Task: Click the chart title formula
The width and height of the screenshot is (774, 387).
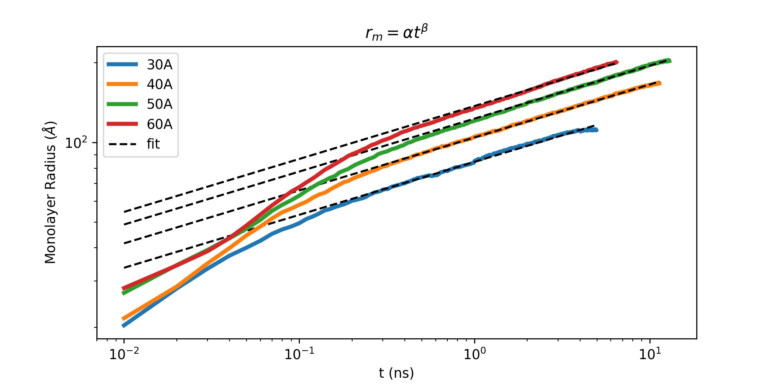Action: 397,33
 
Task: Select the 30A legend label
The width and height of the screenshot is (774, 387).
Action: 159,65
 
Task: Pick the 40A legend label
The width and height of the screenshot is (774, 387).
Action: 159,84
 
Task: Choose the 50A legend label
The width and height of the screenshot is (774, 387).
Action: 159,104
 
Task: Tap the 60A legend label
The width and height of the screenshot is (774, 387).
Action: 159,124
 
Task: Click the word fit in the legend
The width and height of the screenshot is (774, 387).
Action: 153,144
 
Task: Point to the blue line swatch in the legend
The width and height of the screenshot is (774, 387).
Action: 123,65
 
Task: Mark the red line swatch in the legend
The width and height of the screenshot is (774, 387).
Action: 123,124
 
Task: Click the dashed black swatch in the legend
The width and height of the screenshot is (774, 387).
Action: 123,144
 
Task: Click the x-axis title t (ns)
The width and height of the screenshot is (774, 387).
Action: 396,373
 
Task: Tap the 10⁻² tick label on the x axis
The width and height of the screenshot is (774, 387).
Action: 123,354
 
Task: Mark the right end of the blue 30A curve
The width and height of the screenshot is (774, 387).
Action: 597,130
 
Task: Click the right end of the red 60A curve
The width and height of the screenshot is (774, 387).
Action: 616,62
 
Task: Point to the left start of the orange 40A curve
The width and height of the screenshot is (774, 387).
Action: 123,319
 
